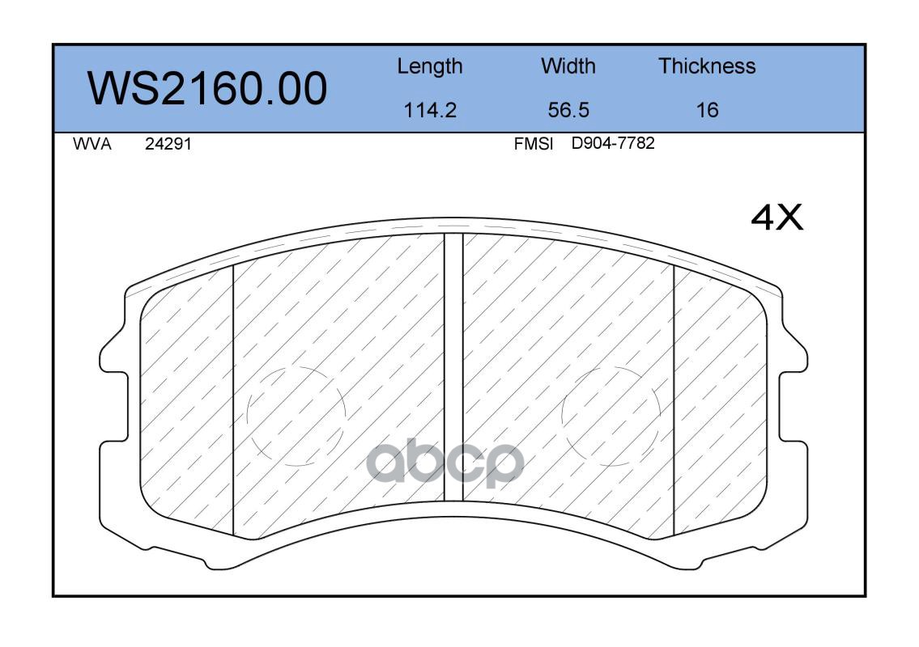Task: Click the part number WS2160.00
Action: click(207, 88)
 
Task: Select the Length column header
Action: click(430, 67)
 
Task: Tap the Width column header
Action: click(568, 66)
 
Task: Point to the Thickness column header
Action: click(707, 66)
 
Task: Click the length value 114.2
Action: click(430, 110)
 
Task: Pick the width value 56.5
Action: click(568, 110)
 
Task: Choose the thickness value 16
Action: click(707, 110)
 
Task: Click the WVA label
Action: click(92, 144)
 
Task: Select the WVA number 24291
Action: click(168, 144)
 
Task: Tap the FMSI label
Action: click(534, 144)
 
